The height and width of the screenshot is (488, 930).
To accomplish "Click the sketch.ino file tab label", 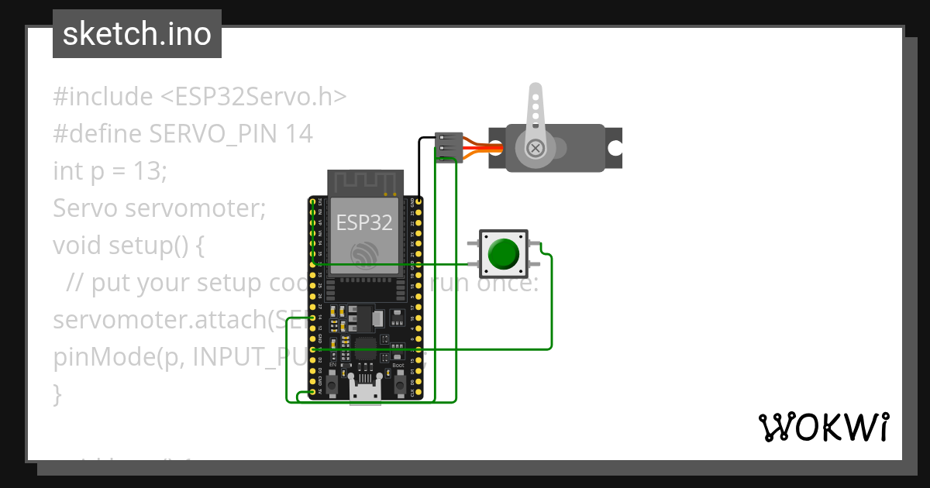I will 136,34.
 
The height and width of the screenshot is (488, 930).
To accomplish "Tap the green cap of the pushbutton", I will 503,253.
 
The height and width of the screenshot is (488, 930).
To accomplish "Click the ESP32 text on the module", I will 364,223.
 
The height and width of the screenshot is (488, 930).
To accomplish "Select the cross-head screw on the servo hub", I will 535,148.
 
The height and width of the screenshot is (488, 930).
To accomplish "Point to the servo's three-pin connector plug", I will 448,146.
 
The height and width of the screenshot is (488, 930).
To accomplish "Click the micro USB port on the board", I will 364,390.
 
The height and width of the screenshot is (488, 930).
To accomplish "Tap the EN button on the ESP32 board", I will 332,383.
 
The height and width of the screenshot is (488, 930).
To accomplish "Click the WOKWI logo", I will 823,427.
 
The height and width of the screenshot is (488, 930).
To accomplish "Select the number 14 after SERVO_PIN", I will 298,134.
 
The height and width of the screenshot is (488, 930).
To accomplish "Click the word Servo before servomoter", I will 85,208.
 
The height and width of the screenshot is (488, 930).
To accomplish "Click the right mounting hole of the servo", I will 615,148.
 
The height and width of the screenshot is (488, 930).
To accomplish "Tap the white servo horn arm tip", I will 534,92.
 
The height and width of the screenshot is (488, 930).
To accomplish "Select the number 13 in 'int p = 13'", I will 152,171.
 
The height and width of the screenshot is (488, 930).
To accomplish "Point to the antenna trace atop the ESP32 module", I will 364,183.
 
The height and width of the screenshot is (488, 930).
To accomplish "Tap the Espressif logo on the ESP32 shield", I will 364,253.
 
